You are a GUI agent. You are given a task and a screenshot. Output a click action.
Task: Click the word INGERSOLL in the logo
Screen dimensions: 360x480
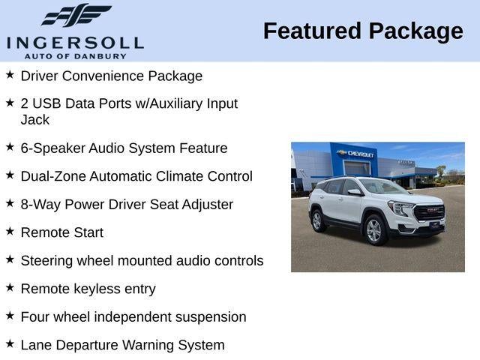pos(75,42)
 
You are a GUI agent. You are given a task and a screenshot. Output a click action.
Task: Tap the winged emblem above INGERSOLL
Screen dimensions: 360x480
pos(76,16)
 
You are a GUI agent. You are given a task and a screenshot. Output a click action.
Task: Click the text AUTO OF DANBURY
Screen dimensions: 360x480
pos(75,56)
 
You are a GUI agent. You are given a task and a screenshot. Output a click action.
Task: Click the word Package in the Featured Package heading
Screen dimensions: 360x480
pos(415,31)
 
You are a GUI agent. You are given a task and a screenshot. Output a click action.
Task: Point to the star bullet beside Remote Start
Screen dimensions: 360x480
pos(10,232)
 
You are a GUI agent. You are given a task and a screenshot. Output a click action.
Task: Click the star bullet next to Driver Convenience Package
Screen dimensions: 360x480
pos(10,75)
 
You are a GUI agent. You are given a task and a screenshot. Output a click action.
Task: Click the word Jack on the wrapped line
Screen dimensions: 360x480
pos(35,119)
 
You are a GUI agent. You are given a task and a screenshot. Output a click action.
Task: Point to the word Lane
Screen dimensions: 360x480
pos(36,345)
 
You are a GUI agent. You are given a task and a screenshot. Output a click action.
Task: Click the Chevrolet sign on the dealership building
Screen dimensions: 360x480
pos(357,154)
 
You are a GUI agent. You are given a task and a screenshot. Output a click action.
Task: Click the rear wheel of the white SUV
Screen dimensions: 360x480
pos(317,220)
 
